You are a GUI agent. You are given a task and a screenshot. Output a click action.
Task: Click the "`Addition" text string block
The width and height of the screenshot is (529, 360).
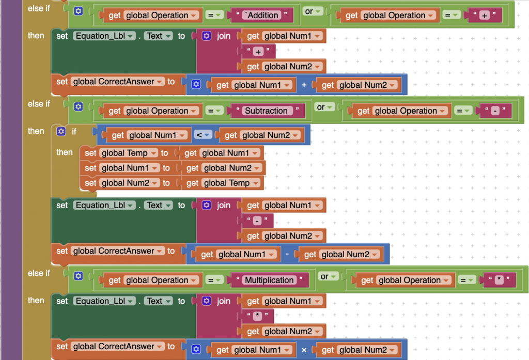tap(263, 15)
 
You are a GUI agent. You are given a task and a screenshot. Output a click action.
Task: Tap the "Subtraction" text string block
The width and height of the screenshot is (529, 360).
tap(266, 111)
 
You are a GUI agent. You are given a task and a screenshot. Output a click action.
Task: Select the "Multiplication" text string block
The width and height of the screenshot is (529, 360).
tap(269, 280)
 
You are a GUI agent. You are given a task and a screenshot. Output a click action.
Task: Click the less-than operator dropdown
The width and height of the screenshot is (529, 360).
tap(203, 135)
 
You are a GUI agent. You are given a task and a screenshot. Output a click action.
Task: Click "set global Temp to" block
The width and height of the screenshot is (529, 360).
tap(127, 153)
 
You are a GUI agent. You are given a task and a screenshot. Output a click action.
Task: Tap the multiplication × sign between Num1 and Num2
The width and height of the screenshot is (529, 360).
tap(304, 350)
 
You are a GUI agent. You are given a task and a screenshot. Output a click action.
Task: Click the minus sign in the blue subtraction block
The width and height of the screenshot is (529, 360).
tap(287, 254)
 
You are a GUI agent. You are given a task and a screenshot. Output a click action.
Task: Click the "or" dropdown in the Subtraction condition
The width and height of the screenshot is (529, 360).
tap(324, 107)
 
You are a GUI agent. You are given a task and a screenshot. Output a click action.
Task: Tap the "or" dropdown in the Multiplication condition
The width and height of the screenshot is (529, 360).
tap(328, 276)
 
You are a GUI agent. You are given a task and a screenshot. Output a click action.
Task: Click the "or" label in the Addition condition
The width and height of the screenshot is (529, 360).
tap(309, 11)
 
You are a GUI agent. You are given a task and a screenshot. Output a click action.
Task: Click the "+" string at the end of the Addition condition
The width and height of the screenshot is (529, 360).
tap(485, 15)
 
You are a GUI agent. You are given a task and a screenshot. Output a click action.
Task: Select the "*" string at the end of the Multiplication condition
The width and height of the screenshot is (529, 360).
tap(499, 280)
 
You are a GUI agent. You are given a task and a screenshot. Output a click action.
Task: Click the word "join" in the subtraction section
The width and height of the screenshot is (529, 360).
tap(223, 205)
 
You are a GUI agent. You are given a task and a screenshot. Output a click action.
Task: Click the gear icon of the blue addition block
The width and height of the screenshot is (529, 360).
tap(196, 84)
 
